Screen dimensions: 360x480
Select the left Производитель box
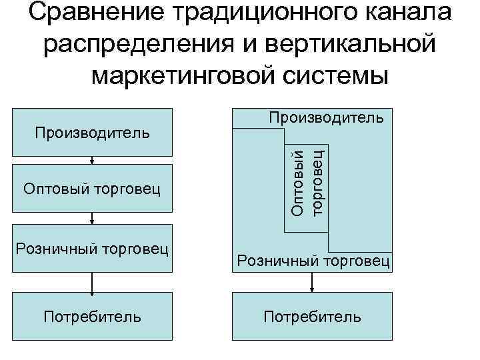point(92,132)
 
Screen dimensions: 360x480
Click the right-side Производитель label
point(326,118)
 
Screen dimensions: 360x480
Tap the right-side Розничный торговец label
point(312,261)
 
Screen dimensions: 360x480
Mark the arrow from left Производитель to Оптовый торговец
point(92,159)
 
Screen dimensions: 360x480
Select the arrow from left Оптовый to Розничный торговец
point(92,219)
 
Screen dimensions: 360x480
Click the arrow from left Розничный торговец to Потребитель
point(92,283)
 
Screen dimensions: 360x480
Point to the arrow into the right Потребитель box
point(312,283)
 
